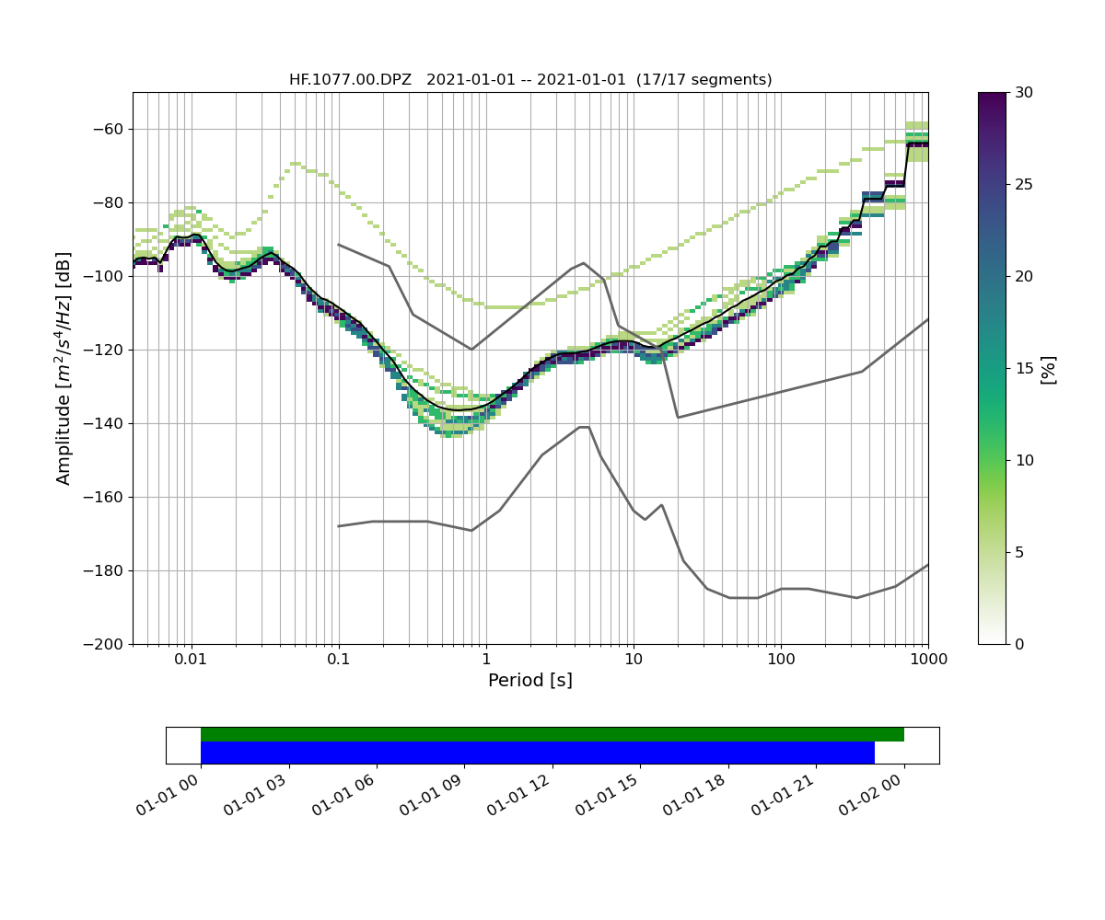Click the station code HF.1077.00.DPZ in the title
point(350,80)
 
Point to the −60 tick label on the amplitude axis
point(109,129)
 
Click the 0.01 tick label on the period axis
point(191,660)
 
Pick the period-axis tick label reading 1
point(486,660)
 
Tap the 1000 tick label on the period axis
point(927,660)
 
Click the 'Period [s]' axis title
point(530,681)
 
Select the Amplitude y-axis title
point(64,368)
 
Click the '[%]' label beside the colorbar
point(1048,368)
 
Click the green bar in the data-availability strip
point(552,734)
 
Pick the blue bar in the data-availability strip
point(537,753)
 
